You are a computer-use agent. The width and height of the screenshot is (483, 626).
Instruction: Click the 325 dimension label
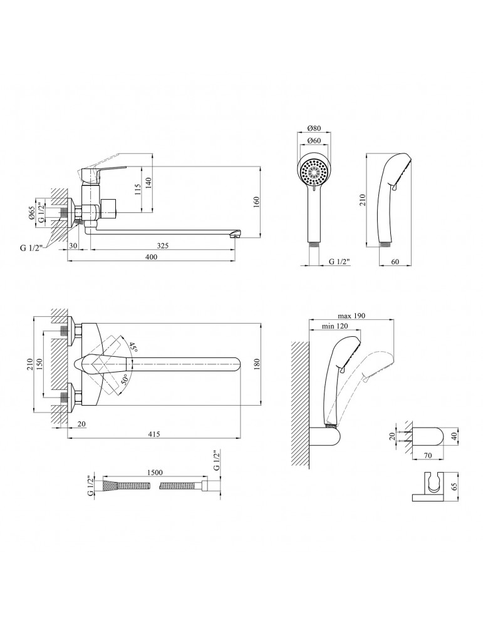(162, 245)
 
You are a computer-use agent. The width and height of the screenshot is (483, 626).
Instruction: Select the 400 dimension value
(150, 258)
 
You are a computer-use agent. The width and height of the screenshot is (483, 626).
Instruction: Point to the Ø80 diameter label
(314, 128)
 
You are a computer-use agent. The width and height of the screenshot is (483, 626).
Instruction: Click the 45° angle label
(133, 347)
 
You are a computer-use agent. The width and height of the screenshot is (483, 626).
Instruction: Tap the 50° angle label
(125, 380)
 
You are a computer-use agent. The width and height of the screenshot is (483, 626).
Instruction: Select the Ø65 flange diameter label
(31, 214)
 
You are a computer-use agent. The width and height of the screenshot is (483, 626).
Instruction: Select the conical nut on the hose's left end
(112, 485)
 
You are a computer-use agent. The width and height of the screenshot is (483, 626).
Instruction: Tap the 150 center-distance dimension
(39, 364)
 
